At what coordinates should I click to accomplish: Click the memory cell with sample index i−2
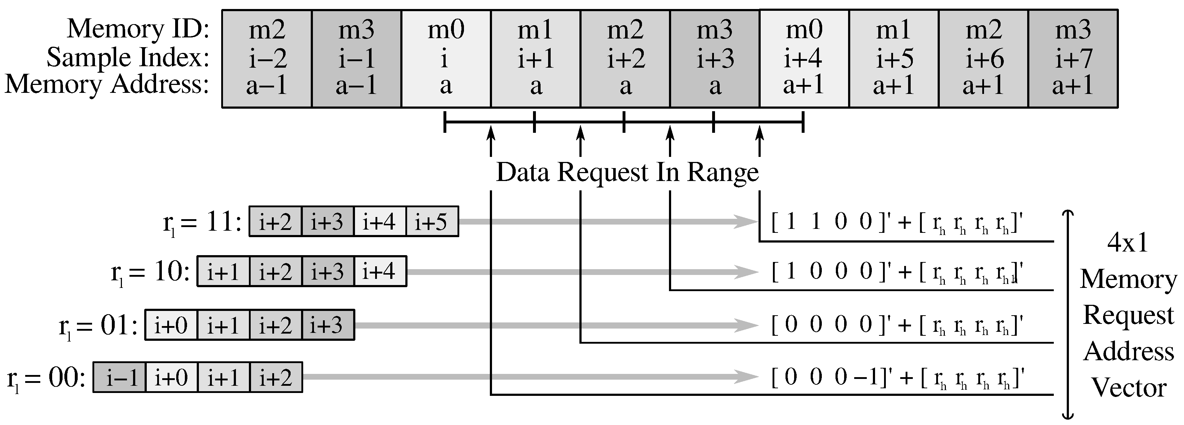267,58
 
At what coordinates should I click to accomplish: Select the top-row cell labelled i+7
1073,58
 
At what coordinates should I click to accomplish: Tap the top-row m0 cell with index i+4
804,58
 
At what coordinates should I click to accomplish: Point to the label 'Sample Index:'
128,58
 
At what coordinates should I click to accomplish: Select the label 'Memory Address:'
106,85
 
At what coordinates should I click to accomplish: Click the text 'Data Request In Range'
627,172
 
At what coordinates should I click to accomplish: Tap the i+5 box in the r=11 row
432,222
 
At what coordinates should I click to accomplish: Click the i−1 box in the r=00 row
119,377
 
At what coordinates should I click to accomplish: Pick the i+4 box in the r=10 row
380,271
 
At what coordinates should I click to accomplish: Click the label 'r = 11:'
202,223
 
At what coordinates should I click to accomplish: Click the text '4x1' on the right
1128,243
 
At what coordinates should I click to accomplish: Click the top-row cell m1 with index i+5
893,58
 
